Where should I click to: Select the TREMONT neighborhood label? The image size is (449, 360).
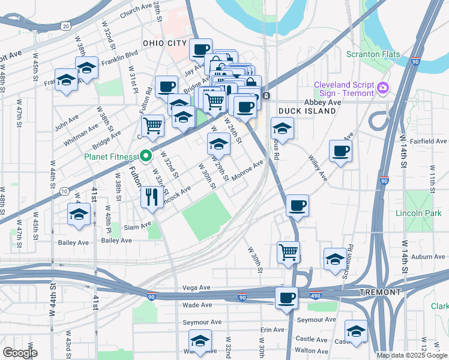point(380,292)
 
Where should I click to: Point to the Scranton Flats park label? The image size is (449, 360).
point(373,54)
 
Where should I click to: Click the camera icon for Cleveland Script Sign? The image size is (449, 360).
point(382,89)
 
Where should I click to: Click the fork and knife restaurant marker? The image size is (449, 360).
point(151,196)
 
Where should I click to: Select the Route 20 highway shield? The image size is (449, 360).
point(65,26)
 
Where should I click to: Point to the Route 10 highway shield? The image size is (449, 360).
point(64,191)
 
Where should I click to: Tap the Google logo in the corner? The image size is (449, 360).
point(20,352)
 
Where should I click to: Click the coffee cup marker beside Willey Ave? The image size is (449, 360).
point(340,152)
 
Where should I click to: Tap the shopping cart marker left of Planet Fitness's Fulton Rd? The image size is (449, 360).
point(153,126)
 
